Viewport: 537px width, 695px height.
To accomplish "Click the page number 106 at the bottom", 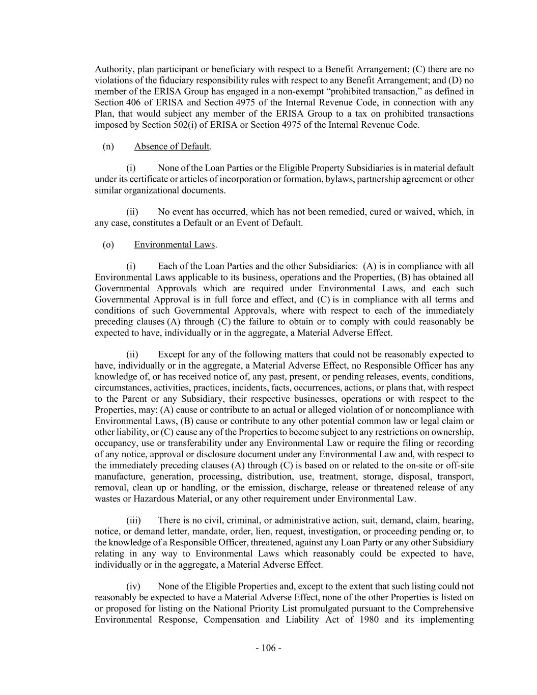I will (x=268, y=648).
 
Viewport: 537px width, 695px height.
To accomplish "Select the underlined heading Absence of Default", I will (x=172, y=147).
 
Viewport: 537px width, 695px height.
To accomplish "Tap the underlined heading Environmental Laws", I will (x=175, y=245).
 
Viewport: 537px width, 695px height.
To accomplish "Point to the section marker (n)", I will (x=108, y=147).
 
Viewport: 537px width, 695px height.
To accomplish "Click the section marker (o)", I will (x=108, y=245).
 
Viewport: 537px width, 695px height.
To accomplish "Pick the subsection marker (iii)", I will (x=133, y=520).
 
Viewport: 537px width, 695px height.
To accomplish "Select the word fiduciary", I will (x=190, y=80).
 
